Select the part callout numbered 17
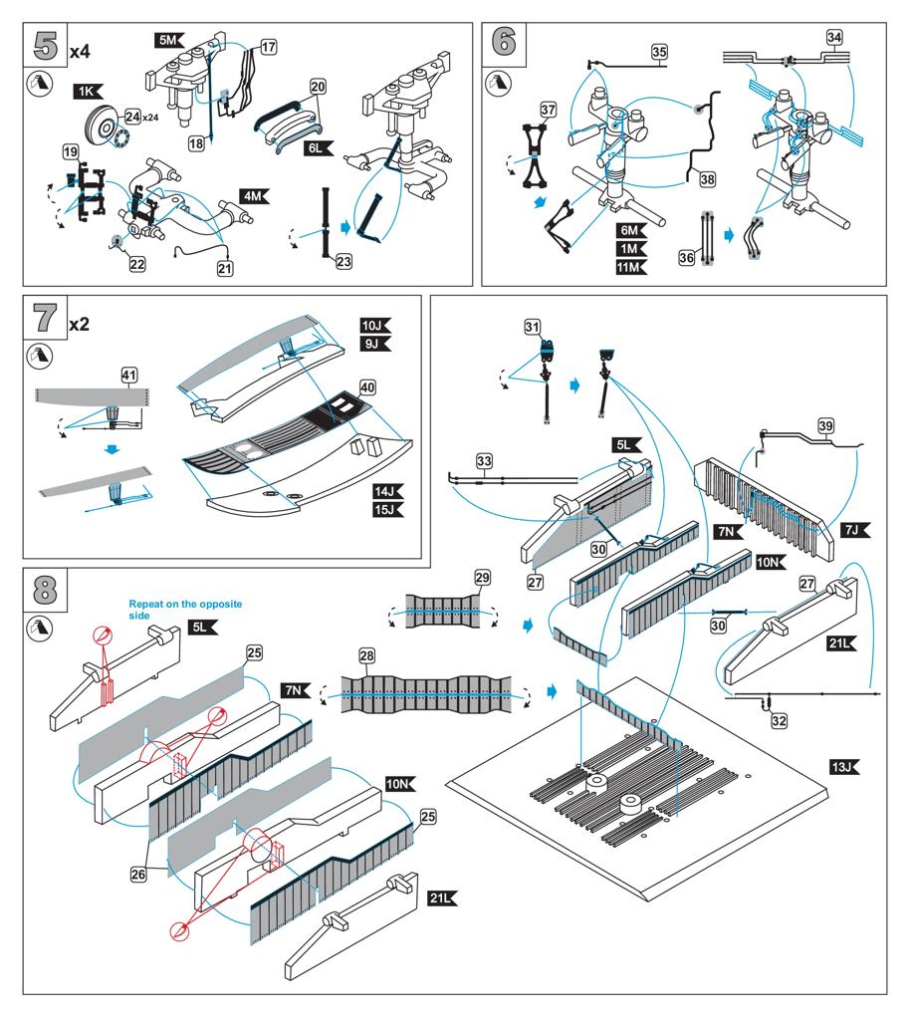(269, 47)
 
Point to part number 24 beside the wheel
(131, 119)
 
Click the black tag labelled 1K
(88, 92)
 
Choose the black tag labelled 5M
(168, 40)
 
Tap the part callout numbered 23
(344, 262)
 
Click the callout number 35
(659, 53)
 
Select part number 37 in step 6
(548, 109)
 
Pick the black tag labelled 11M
(629, 267)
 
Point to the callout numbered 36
(687, 257)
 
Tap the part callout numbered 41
(128, 375)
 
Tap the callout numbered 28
(367, 654)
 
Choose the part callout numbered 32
(779, 720)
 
